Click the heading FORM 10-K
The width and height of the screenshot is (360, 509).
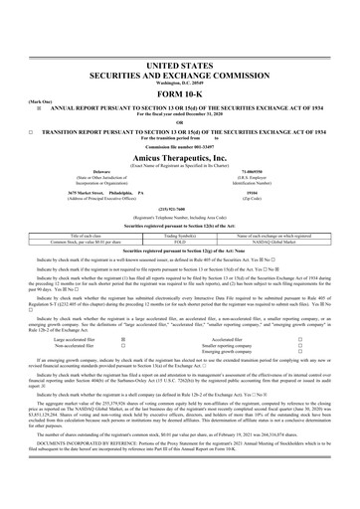[x=180, y=55]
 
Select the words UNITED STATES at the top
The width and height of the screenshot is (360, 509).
[x=180, y=34]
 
